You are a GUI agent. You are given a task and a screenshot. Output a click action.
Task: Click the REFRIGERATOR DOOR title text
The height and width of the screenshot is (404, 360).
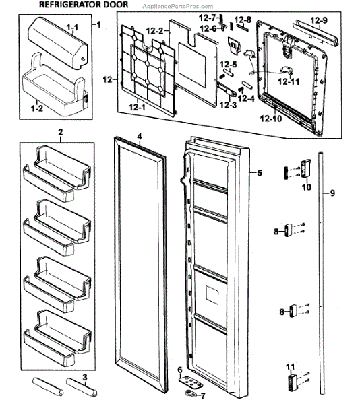(x=84, y=5)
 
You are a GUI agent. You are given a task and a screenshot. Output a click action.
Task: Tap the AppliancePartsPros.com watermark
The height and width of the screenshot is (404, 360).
(x=178, y=7)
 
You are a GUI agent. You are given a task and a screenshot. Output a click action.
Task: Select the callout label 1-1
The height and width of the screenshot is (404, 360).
(x=72, y=27)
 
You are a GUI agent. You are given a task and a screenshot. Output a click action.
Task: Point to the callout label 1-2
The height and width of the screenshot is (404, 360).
(x=37, y=108)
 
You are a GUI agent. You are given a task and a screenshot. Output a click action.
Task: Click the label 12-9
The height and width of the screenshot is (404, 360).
(x=319, y=20)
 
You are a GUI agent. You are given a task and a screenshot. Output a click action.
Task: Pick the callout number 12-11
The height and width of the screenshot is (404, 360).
(x=289, y=81)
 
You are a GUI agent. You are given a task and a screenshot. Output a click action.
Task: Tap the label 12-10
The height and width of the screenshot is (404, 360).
(x=271, y=119)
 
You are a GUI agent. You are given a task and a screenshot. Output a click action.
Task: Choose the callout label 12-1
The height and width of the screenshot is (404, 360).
(x=138, y=107)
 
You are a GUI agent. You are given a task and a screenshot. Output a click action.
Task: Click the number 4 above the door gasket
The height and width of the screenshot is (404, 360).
(x=140, y=137)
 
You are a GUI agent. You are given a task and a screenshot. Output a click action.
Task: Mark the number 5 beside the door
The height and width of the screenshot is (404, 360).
(x=260, y=173)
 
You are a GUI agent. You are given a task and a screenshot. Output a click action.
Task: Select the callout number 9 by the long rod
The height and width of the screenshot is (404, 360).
(x=332, y=193)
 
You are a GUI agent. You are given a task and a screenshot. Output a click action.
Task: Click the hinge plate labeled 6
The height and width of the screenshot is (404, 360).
(x=191, y=382)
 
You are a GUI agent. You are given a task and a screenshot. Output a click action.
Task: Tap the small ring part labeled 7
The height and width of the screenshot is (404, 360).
(x=190, y=393)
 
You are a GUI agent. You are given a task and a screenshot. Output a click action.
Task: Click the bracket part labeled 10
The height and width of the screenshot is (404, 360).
(x=306, y=168)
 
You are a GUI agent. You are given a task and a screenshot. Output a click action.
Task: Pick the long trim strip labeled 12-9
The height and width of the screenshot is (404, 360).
(x=316, y=33)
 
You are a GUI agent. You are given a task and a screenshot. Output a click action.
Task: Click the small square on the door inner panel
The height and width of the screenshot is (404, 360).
(x=212, y=294)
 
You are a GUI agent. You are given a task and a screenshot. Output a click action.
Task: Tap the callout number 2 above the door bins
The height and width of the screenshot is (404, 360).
(x=61, y=132)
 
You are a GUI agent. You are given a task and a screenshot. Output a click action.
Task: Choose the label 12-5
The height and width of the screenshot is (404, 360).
(x=229, y=64)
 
